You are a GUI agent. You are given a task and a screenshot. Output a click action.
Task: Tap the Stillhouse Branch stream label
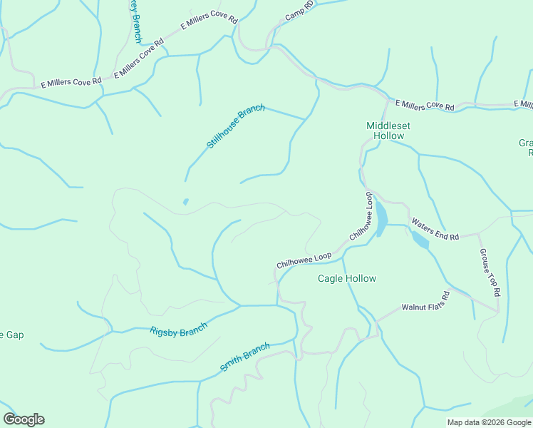236,126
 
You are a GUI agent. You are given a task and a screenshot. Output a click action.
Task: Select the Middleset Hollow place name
388,131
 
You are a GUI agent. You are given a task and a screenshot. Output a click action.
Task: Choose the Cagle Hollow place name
346,278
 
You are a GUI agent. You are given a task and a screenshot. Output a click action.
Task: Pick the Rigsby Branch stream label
178,330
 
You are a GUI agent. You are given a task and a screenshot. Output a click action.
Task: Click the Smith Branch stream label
244,357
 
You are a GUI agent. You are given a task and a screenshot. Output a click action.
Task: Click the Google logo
24,419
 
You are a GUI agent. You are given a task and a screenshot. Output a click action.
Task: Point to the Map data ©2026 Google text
488,422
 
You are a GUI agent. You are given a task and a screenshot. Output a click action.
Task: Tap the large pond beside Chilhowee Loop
381,218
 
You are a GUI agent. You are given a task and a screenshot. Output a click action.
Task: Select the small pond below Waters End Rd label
420,240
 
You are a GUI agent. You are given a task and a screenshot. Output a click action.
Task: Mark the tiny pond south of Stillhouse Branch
186,202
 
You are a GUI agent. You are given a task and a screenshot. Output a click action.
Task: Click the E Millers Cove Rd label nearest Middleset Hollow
424,106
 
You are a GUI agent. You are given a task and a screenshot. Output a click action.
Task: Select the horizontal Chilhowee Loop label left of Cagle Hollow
304,260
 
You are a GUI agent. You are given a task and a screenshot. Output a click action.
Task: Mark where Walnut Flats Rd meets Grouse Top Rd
497,311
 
